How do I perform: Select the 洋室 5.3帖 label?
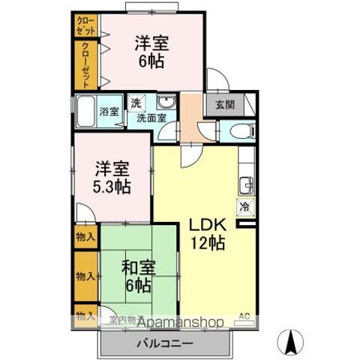[112, 177]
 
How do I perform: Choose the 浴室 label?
[109, 112]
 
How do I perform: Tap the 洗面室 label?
[151, 118]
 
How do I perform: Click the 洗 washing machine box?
[136, 102]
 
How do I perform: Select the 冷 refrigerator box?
[244, 204]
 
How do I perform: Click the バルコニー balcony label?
[163, 343]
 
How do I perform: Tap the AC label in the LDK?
[244, 315]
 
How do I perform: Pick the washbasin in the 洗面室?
[166, 103]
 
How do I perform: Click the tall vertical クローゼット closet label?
[85, 65]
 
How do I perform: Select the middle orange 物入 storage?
[85, 275]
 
